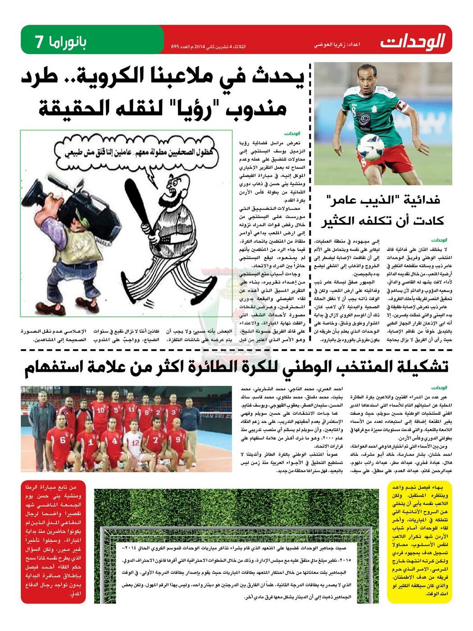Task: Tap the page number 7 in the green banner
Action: pos(40,41)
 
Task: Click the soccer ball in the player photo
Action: pos(370,146)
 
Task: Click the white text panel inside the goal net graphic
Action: pos(236,572)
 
